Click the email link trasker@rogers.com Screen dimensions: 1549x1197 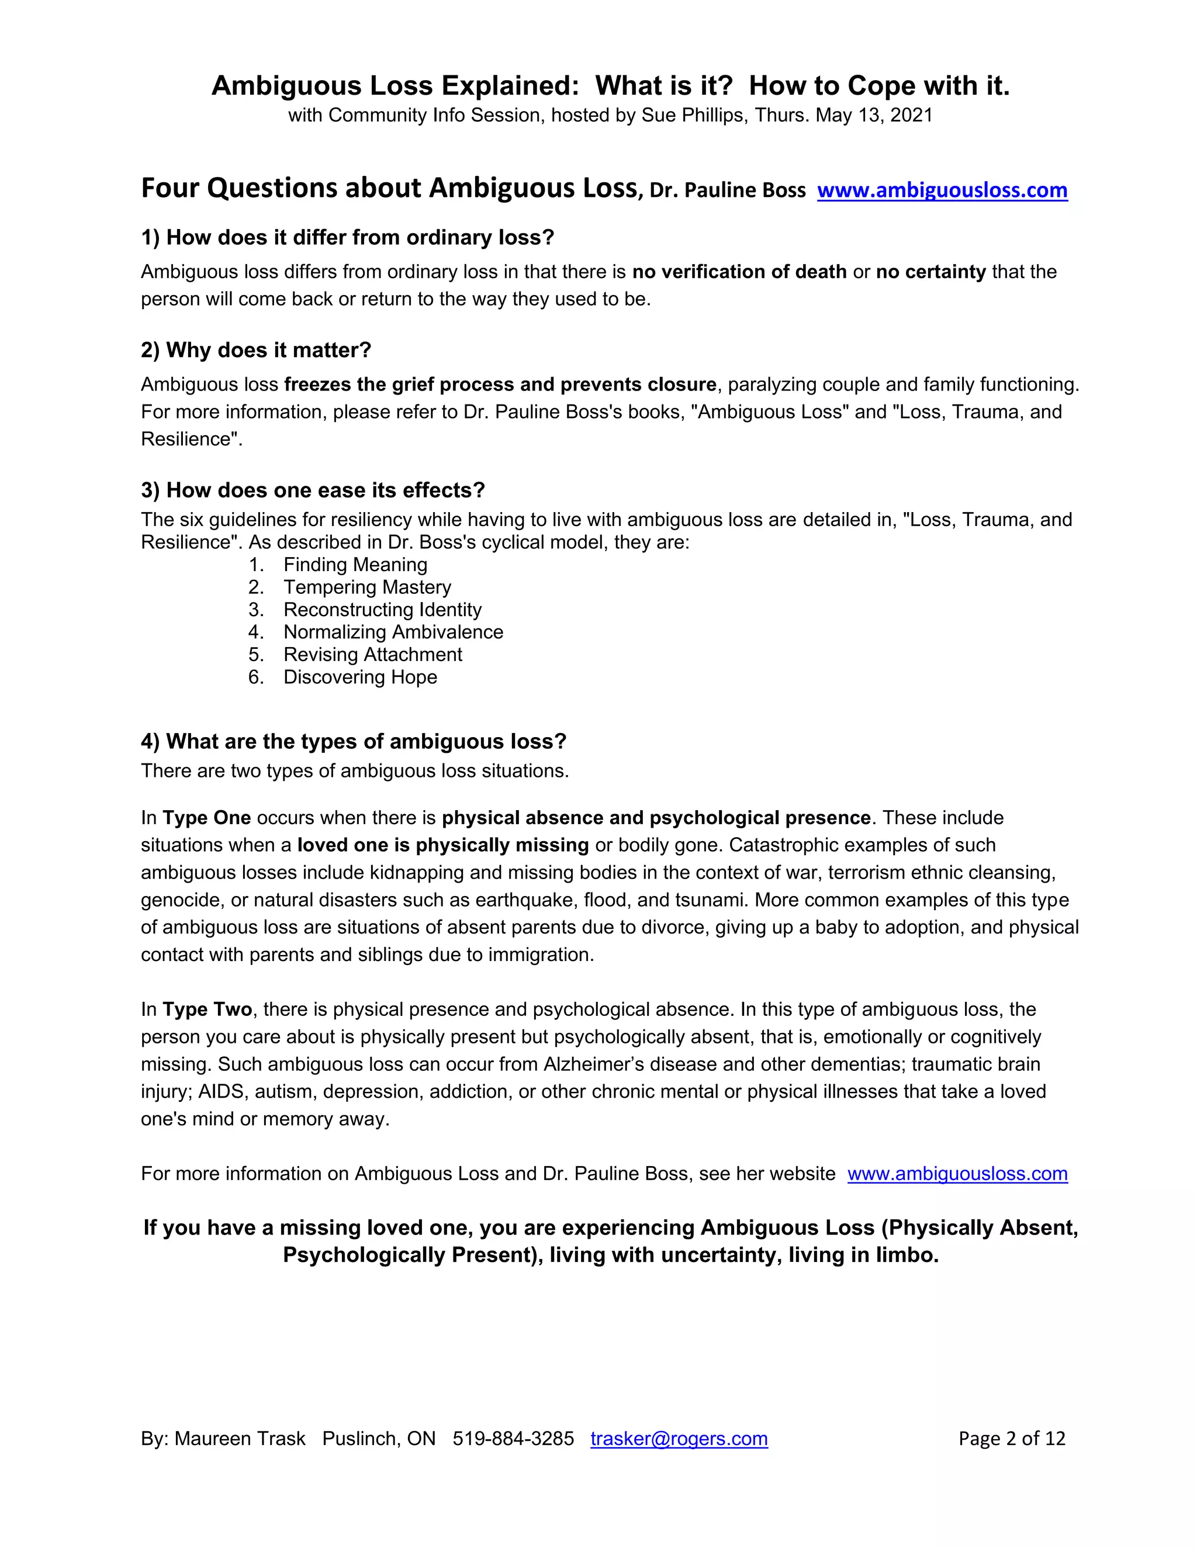click(x=679, y=1439)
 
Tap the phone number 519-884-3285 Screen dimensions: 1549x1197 click(x=513, y=1439)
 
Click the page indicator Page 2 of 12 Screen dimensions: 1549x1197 click(x=1011, y=1439)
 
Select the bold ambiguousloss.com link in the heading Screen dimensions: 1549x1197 click(x=942, y=190)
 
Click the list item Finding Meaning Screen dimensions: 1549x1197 click(x=355, y=565)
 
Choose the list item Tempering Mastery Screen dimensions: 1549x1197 click(x=366, y=587)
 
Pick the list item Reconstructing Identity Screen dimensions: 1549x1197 click(x=382, y=610)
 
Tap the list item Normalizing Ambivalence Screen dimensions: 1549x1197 click(x=393, y=632)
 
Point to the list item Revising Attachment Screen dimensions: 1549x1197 click(x=372, y=655)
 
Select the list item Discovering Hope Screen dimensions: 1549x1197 click(x=360, y=677)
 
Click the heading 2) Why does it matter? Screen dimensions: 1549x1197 click(x=256, y=350)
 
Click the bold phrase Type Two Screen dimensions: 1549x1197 click(x=207, y=1009)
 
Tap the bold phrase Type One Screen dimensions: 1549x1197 click(x=206, y=818)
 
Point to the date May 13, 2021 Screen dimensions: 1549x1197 click(x=874, y=116)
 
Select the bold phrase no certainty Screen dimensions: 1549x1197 click(x=930, y=272)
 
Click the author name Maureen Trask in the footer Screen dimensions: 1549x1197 click(x=240, y=1439)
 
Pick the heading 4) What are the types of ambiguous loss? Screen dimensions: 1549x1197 click(x=353, y=742)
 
